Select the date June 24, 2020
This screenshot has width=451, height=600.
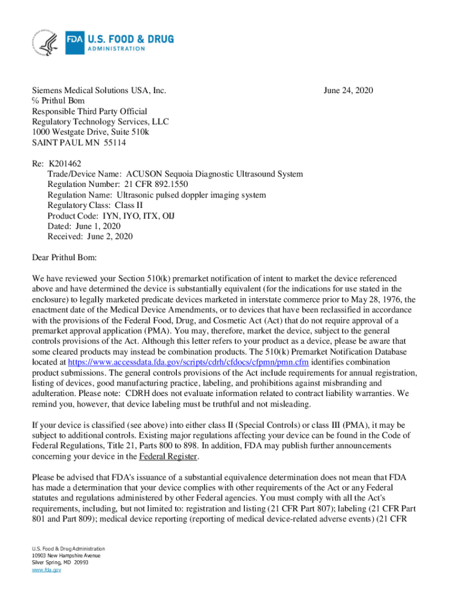click(x=348, y=90)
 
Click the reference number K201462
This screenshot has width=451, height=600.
click(x=67, y=163)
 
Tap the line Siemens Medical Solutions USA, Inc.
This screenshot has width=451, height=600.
click(x=99, y=90)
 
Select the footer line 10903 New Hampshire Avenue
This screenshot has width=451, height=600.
click(x=66, y=555)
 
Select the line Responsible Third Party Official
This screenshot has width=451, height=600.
click(x=89, y=111)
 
